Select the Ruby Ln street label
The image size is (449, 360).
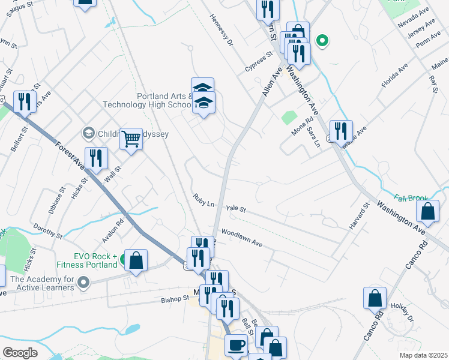click(x=203, y=200)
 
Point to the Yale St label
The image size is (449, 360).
click(x=236, y=209)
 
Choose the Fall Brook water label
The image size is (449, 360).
click(x=411, y=197)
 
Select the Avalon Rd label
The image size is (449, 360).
click(x=112, y=229)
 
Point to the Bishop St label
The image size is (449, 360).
click(x=175, y=298)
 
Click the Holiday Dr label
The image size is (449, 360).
click(x=402, y=313)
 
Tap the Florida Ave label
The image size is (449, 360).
click(x=394, y=74)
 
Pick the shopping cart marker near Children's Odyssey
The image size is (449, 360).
click(x=131, y=139)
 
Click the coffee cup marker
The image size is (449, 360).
click(x=236, y=345)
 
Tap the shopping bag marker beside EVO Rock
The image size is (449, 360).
click(x=137, y=260)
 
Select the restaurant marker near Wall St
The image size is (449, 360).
click(x=96, y=158)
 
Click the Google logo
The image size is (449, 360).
click(x=20, y=352)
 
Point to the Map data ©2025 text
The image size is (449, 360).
click(x=423, y=355)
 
